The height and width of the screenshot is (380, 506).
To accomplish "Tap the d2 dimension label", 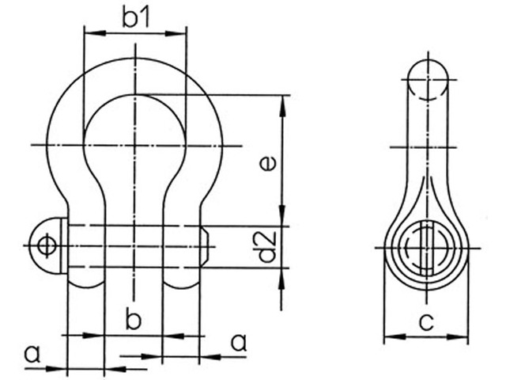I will (268, 246).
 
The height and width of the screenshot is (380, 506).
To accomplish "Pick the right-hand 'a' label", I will (236, 342).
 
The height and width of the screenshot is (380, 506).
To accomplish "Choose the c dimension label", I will (426, 321).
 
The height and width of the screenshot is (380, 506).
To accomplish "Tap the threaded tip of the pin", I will (206, 245).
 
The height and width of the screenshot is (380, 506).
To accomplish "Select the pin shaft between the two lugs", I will (134, 245).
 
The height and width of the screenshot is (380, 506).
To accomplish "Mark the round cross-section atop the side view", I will (429, 79).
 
